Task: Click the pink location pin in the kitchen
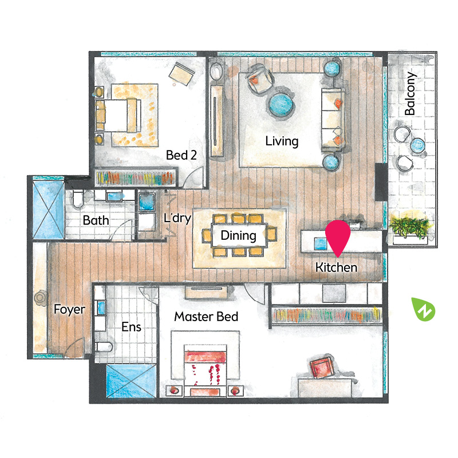pyautogui.click(x=338, y=237)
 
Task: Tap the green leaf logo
pyautogui.click(x=423, y=309)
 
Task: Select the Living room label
pyautogui.click(x=282, y=141)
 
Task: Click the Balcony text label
pyautogui.click(x=410, y=93)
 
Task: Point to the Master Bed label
pyautogui.click(x=206, y=317)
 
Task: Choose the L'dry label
pyautogui.click(x=177, y=218)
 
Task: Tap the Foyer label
pyautogui.click(x=69, y=309)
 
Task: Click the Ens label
pyautogui.click(x=131, y=327)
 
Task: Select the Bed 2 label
pyautogui.click(x=181, y=155)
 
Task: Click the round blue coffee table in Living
pyautogui.click(x=281, y=105)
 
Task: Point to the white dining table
pyautogui.click(x=239, y=235)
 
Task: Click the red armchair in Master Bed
pyautogui.click(x=322, y=367)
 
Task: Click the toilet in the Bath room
pyautogui.click(x=78, y=199)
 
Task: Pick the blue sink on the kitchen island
pyautogui.click(x=321, y=244)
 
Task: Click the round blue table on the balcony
pyautogui.click(x=417, y=145)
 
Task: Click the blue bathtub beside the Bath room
pyautogui.click(x=49, y=210)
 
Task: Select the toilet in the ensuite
pyautogui.click(x=104, y=347)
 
